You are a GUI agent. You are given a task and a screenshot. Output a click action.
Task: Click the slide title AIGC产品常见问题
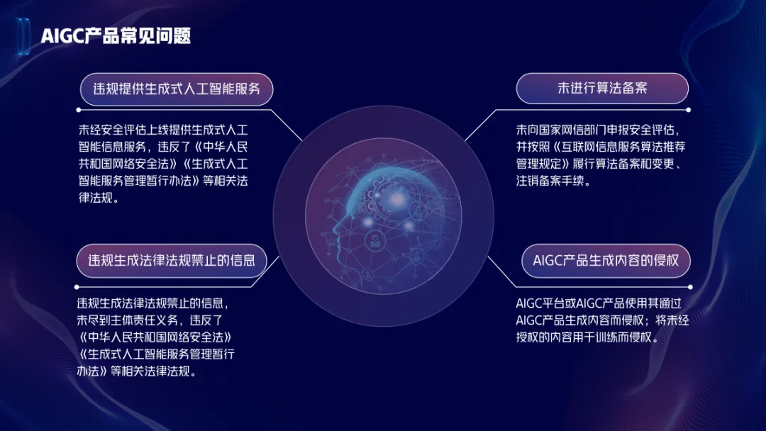pyautogui.click(x=116, y=35)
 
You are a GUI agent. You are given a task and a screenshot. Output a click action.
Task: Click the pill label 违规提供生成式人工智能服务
pyautogui.click(x=177, y=89)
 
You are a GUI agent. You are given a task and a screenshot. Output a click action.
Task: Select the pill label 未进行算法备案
pyautogui.click(x=602, y=88)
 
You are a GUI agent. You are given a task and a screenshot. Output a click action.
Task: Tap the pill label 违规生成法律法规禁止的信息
pyautogui.click(x=172, y=260)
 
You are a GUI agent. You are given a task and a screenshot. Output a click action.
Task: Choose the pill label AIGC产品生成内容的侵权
pyautogui.click(x=606, y=260)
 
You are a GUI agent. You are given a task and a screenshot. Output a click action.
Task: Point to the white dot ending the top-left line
pyautogui.click(x=79, y=111)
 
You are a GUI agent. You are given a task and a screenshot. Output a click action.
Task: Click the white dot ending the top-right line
pyautogui.click(x=688, y=111)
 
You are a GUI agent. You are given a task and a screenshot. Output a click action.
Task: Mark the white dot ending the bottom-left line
pyautogui.click(x=77, y=287)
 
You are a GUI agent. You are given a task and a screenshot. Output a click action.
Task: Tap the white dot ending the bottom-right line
pyautogui.click(x=690, y=287)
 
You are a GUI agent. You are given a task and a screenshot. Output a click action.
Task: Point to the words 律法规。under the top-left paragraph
pyautogui.click(x=99, y=198)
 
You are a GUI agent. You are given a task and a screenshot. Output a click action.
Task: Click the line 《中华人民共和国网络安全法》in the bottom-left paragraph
pyautogui.click(x=155, y=337)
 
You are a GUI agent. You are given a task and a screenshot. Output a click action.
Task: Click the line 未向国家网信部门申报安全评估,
pyautogui.click(x=598, y=130)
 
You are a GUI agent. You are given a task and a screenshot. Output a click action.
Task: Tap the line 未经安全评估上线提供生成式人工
pyautogui.click(x=163, y=130)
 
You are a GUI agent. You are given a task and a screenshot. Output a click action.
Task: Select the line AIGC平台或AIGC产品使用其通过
pyautogui.click(x=599, y=303)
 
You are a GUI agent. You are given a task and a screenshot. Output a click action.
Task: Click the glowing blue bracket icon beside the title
pyautogui.click(x=23, y=35)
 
